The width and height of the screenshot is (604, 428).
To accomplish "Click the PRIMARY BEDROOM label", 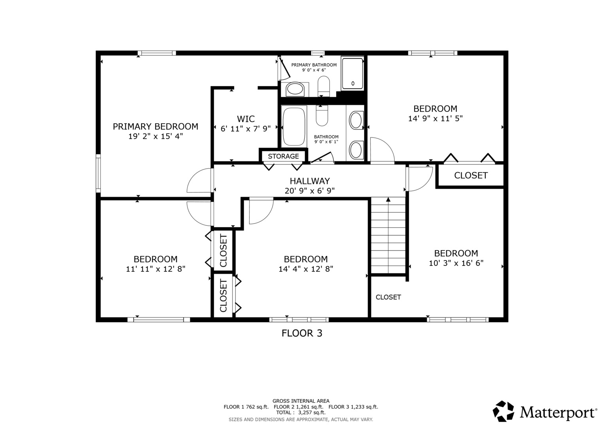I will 155,126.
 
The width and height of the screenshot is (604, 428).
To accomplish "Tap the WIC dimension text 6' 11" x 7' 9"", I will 246,128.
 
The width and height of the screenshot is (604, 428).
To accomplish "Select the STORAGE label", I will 283,156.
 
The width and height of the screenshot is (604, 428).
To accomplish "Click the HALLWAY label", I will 310,181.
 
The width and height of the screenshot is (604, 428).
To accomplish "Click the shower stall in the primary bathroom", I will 352,73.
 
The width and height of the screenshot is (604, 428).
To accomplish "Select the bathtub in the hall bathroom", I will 294,126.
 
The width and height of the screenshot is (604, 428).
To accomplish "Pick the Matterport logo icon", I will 504,411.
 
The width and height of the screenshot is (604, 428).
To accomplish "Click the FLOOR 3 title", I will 302,333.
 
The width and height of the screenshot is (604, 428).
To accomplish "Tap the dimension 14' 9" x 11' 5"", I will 435,118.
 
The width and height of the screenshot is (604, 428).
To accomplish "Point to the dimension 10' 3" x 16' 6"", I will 456,263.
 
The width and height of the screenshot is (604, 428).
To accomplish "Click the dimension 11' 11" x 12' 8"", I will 155,269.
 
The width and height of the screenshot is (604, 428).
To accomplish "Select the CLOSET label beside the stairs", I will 388,297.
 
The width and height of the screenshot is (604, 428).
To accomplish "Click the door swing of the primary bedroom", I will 199,181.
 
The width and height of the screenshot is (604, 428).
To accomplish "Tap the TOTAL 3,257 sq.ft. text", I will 301,413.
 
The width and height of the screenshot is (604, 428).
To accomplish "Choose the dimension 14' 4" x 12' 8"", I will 306,269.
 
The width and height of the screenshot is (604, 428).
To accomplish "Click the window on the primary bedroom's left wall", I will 98,173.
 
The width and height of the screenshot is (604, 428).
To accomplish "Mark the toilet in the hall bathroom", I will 322,115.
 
